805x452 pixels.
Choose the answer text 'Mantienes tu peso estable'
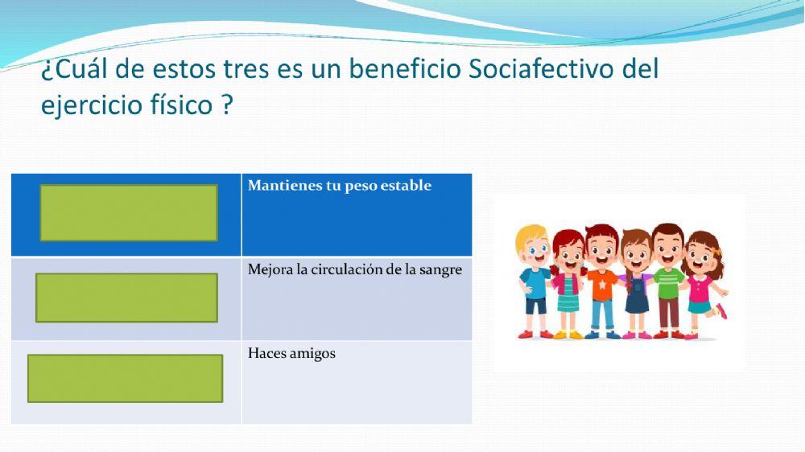coord(340,186)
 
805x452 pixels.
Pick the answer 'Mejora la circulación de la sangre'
coord(354,269)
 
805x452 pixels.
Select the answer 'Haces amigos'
coord(291,353)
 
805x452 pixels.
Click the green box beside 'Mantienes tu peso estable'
coord(129,212)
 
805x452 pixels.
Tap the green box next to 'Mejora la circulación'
coord(126,298)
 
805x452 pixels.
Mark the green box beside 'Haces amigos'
coord(125,378)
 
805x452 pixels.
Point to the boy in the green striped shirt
coord(667,281)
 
